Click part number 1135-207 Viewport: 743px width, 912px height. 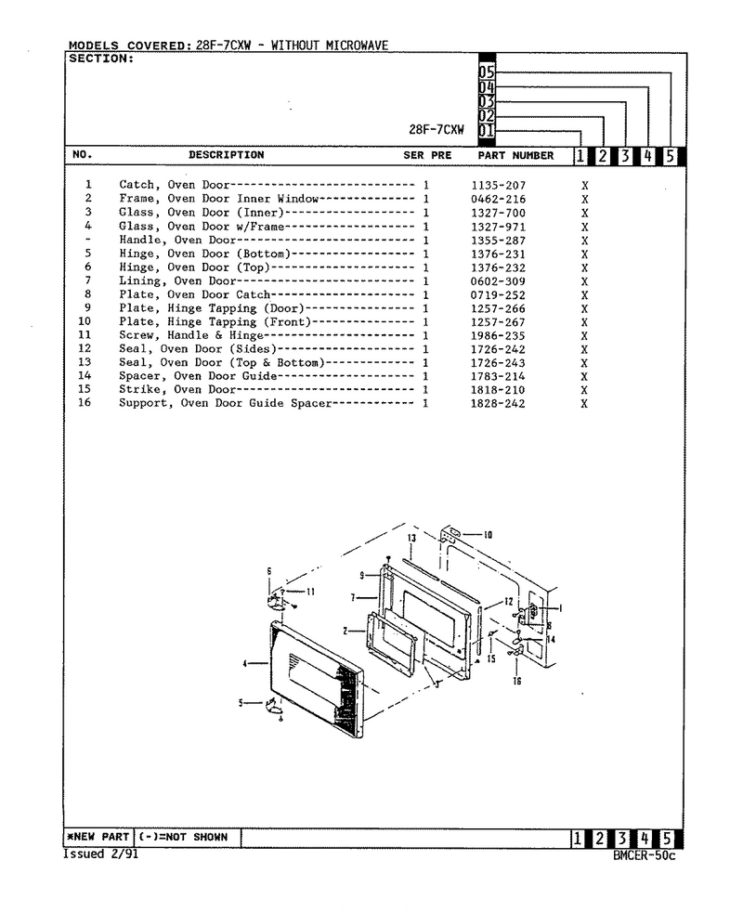tap(498, 186)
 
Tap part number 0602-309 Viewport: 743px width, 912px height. tap(498, 281)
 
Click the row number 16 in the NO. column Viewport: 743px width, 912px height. tap(85, 402)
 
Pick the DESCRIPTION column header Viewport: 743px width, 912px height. tap(227, 155)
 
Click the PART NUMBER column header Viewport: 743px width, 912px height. tap(515, 155)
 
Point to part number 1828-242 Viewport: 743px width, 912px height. tap(498, 404)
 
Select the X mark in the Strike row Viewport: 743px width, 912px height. tap(584, 390)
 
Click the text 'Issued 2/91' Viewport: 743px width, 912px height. tap(100, 853)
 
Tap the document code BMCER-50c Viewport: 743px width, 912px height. tap(645, 855)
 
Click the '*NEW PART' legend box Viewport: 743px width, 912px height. tap(98, 837)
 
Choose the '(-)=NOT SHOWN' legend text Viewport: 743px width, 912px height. tap(183, 837)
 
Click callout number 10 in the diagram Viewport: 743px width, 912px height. tap(488, 535)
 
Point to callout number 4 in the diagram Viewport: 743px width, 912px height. tap(245, 663)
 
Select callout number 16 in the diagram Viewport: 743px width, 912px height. tap(516, 681)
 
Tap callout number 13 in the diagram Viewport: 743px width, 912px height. tap(411, 538)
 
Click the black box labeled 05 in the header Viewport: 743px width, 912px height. tap(487, 72)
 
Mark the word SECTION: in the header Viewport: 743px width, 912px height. tap(101, 59)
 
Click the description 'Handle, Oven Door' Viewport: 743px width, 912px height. tap(177, 240)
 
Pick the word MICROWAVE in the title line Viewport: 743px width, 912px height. tap(357, 45)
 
